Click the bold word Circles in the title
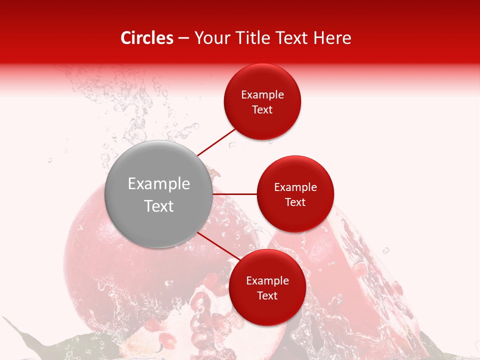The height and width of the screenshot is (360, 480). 146,38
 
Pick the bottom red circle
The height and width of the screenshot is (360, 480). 267,310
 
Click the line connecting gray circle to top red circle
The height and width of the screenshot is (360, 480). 216,142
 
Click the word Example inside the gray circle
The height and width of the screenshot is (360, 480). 159,184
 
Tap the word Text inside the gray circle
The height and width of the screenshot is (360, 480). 159,206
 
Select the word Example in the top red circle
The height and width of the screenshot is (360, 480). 262,95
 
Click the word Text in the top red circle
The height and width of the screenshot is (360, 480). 262,110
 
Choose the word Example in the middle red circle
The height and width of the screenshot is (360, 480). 295,187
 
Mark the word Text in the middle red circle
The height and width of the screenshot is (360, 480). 295,202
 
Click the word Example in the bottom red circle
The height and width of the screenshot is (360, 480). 267,281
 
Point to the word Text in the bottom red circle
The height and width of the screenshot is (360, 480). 267,296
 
